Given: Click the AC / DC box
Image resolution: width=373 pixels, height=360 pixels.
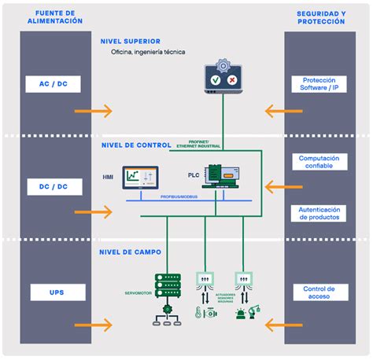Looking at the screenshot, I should click(x=54, y=83).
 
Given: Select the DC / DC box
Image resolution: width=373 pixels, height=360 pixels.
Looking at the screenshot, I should click(x=54, y=187).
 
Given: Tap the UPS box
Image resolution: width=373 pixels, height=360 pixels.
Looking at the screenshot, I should click(x=54, y=292).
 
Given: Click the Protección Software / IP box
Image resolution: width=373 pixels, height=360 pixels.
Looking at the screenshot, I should click(x=319, y=83).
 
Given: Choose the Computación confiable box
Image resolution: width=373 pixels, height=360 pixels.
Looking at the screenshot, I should click(x=319, y=162).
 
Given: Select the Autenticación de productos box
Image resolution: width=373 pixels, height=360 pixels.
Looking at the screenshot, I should click(x=319, y=213).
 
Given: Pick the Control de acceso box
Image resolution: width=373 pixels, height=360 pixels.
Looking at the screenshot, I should click(x=319, y=292).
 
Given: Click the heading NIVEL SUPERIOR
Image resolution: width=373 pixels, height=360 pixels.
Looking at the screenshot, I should click(x=131, y=41).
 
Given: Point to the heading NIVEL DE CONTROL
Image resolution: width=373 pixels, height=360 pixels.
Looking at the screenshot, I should click(x=135, y=145).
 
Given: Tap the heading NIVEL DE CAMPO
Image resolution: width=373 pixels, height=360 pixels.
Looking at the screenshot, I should click(x=131, y=252).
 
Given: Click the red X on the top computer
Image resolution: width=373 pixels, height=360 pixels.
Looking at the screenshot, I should click(x=231, y=80).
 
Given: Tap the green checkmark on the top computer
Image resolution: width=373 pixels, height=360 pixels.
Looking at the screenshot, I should click(x=214, y=80).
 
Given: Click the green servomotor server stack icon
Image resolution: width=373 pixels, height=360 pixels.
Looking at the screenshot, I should click(x=168, y=286).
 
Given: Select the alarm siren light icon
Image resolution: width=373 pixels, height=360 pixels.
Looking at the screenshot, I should click(x=239, y=314).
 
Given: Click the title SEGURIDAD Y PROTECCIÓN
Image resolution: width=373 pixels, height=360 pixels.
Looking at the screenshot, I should click(x=319, y=17).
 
